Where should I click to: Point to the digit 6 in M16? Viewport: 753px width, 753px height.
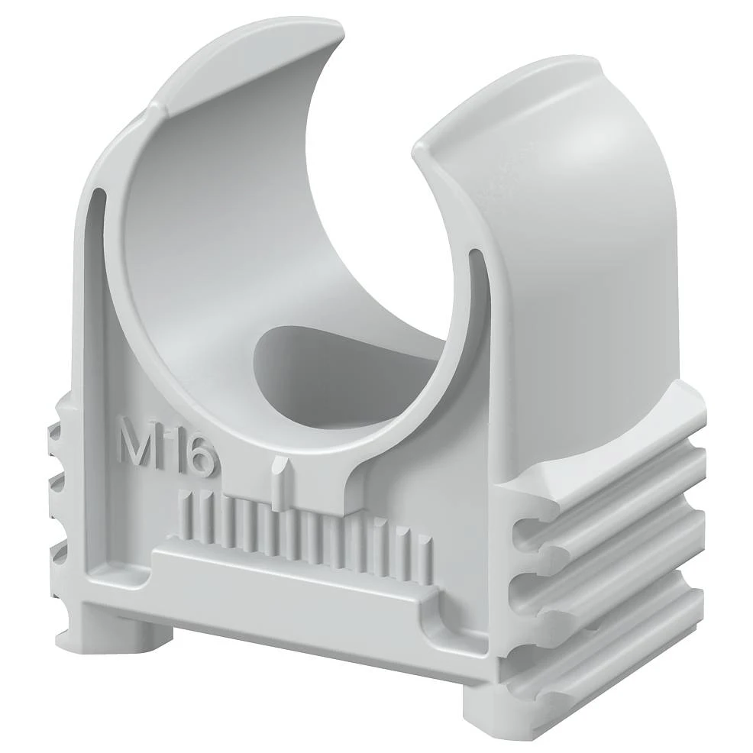point(201,457)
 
